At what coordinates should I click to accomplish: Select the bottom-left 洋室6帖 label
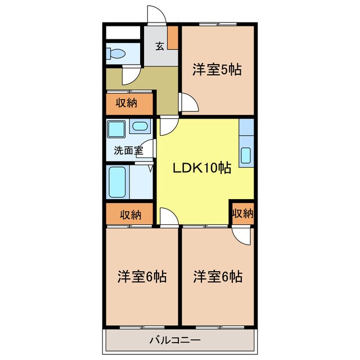click(x=141, y=277)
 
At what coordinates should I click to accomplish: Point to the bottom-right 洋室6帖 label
click(x=218, y=277)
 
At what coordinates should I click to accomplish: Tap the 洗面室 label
click(x=128, y=150)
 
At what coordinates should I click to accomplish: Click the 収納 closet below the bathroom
click(x=129, y=214)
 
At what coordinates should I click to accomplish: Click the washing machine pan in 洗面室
click(x=117, y=130)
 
